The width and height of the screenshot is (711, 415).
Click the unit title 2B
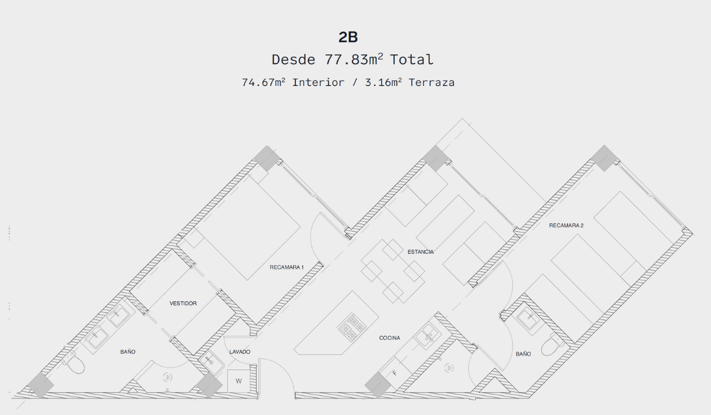coord(348,37)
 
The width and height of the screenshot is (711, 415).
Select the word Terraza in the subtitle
coord(431,82)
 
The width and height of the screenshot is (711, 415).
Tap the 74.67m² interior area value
coord(264,82)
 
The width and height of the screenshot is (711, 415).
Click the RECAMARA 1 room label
coord(287,267)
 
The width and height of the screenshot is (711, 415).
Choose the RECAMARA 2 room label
coord(566,225)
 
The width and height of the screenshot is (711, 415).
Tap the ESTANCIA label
coord(421,252)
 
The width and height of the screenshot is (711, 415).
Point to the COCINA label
coord(389,338)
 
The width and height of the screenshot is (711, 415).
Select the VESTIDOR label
coord(183,304)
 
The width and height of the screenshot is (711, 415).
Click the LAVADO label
coord(240,352)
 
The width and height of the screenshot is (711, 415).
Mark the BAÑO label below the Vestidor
coord(127,352)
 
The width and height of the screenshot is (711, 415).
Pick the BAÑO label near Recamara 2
coord(523,354)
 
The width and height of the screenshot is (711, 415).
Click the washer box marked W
coord(238,381)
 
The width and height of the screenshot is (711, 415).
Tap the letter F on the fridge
coord(395,373)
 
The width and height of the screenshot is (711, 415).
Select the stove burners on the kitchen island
coord(352,327)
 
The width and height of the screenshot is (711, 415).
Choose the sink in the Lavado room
coord(212,363)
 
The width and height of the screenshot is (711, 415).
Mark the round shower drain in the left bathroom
coord(167,378)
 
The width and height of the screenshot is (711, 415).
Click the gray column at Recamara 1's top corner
coord(267,158)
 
